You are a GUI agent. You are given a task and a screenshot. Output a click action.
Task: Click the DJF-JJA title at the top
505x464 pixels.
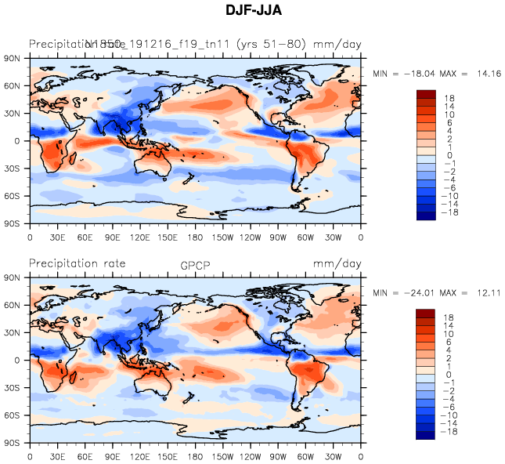click(252, 12)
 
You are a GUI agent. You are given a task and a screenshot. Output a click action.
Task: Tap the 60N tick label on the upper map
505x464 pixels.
click(13, 85)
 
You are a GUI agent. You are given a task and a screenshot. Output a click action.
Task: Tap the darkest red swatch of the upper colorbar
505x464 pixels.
click(425, 95)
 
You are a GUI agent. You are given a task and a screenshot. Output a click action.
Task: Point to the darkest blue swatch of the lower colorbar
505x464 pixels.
click(425, 436)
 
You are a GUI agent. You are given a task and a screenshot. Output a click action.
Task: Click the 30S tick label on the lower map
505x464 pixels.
click(13, 388)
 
